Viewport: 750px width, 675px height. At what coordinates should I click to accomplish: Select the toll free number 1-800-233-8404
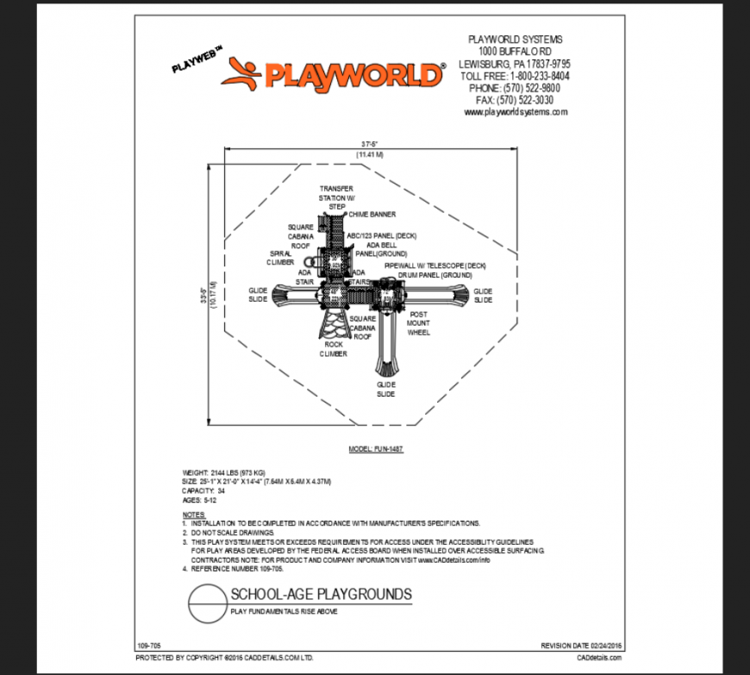tap(514, 76)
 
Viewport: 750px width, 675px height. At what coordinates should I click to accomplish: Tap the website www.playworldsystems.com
tap(515, 112)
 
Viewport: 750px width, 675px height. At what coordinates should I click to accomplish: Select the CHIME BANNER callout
tap(372, 214)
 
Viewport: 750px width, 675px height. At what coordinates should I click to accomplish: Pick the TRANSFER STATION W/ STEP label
tap(336, 197)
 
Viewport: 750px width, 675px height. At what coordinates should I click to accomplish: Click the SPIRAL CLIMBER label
tap(281, 258)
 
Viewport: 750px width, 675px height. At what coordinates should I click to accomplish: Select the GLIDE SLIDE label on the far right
tap(483, 295)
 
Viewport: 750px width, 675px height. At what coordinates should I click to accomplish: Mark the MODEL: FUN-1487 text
tap(376, 449)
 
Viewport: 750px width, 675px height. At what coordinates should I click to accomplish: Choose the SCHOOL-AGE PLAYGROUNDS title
tap(321, 594)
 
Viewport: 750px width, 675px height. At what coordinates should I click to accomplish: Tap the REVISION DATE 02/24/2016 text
tap(580, 645)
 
